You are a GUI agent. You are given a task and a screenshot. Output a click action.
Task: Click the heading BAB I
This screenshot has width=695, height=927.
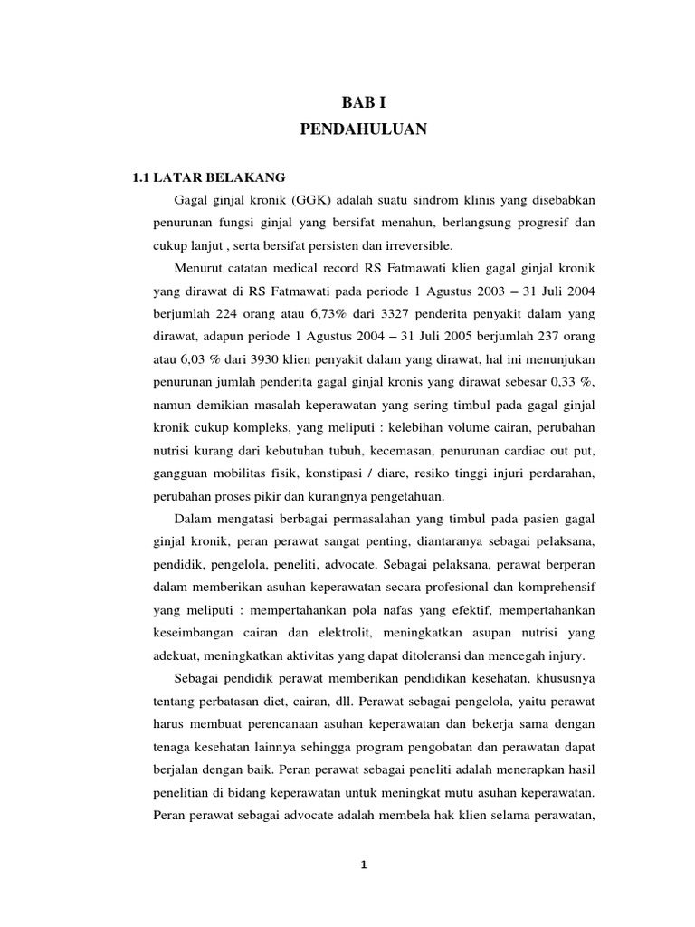coord(362,104)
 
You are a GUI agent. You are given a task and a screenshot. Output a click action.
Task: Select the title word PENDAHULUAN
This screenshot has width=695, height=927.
coord(362,130)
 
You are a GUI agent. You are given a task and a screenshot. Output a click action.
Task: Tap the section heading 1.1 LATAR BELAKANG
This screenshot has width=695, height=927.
coord(196,177)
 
